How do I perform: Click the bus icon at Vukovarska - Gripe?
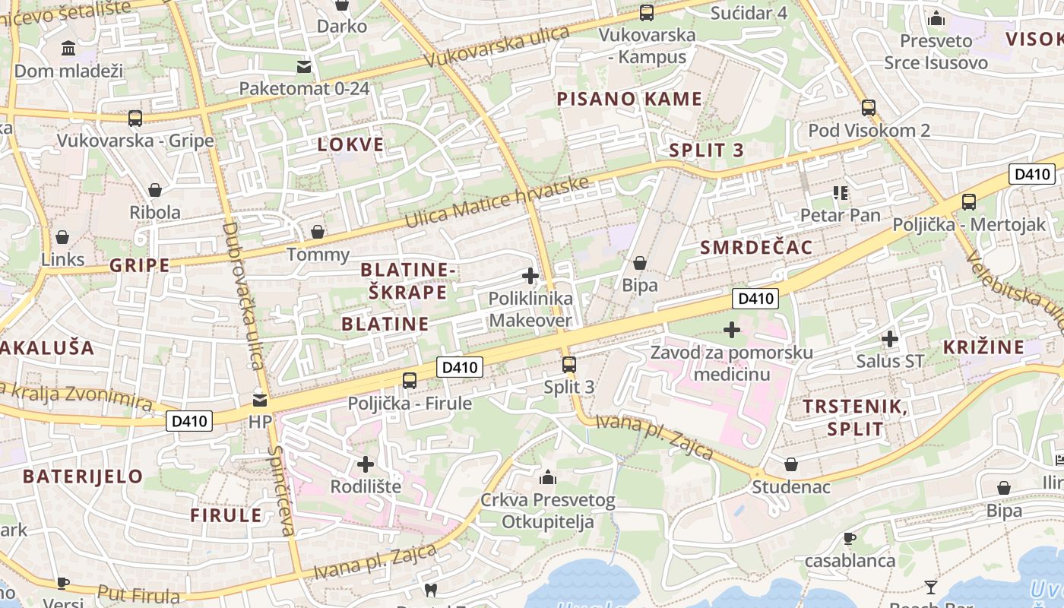[135, 119]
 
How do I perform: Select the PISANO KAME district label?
[629, 99]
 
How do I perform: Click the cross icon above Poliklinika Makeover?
[530, 276]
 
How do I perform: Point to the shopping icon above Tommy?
[318, 232]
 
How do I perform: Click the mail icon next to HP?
[260, 400]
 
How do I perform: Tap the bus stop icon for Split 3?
[568, 365]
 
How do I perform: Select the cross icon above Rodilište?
[366, 464]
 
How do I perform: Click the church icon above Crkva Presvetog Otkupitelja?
[547, 478]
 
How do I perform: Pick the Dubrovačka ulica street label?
[243, 296]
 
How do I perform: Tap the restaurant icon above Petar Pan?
[840, 193]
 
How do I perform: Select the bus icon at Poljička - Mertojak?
[968, 202]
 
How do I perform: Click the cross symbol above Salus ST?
[890, 339]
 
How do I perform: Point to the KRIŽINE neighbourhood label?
[983, 347]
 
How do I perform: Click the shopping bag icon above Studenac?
[791, 464]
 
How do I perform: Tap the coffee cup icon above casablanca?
[850, 539]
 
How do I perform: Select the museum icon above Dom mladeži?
[68, 49]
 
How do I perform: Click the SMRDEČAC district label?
[755, 247]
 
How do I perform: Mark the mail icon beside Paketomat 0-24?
[304, 67]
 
